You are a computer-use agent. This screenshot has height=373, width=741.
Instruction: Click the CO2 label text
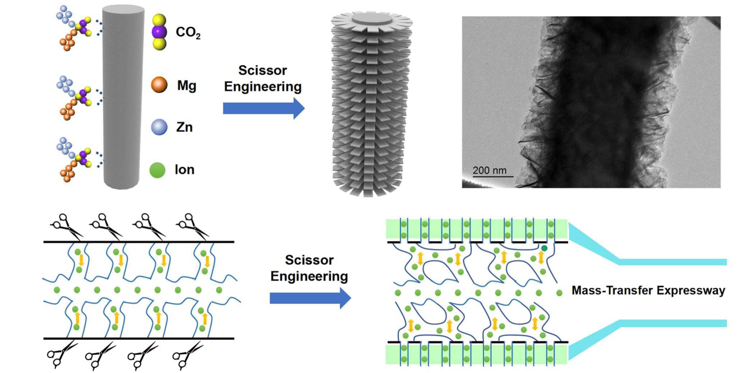click(x=188, y=32)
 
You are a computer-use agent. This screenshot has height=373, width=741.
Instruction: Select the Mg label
click(x=186, y=85)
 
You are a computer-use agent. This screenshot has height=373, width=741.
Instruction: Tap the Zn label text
click(x=184, y=127)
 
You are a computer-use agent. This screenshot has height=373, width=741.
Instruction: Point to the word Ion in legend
click(x=184, y=170)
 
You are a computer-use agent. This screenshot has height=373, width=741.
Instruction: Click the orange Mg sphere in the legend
click(x=159, y=84)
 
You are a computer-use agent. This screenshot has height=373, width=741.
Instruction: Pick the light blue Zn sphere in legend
click(x=159, y=127)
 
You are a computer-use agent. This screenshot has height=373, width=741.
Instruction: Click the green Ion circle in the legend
click(x=158, y=170)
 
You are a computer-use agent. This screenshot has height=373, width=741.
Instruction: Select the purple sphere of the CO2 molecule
click(x=159, y=32)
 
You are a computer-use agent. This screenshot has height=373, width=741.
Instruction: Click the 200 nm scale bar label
click(x=489, y=171)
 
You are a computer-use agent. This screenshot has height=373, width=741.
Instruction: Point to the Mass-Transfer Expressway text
click(x=648, y=290)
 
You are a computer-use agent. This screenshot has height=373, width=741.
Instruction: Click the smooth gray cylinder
click(x=123, y=97)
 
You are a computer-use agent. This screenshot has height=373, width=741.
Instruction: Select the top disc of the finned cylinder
click(x=372, y=20)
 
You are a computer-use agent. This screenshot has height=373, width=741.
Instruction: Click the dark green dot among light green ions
click(x=544, y=248)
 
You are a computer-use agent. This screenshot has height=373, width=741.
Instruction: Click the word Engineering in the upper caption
click(x=263, y=87)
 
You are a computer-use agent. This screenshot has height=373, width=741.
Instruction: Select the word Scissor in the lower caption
click(x=309, y=260)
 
